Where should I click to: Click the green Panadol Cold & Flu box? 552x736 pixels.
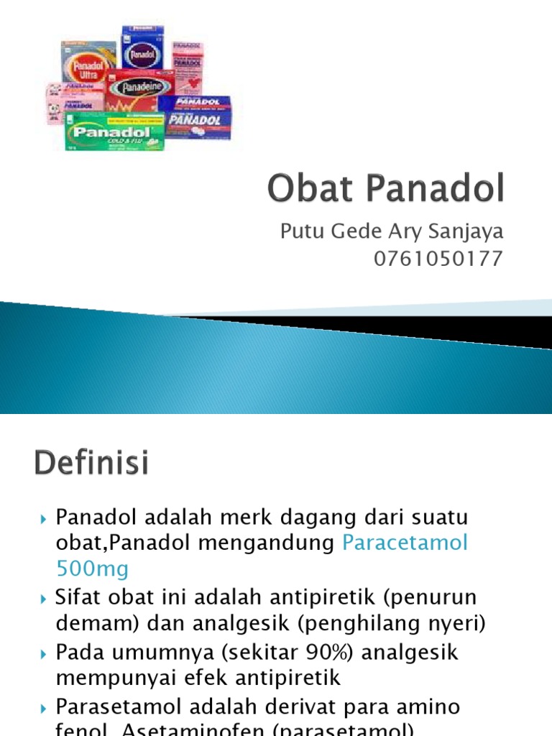click(114, 132)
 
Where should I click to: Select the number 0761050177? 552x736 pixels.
click(438, 259)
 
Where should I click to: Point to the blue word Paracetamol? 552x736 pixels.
click(405, 543)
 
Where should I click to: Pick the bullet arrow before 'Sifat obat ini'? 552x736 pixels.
click(45, 598)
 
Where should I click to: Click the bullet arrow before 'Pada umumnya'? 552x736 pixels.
click(45, 653)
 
